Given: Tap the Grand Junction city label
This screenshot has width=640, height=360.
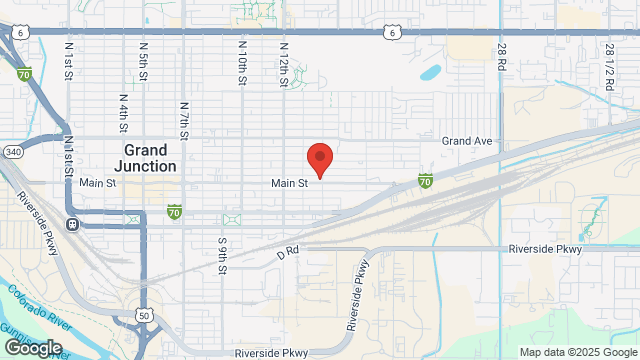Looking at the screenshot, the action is click(x=144, y=158).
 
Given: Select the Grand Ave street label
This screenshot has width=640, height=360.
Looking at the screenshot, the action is click(x=468, y=141).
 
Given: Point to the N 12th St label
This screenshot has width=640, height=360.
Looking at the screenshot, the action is click(x=284, y=63).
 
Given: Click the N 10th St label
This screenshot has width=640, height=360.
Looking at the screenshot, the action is click(x=242, y=63).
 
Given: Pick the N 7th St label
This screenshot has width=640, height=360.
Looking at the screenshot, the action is click(x=185, y=119).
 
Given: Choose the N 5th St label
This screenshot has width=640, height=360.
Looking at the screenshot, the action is click(x=143, y=63).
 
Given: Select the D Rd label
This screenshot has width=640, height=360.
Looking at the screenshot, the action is click(x=288, y=255).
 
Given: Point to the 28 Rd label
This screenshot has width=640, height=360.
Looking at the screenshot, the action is click(x=501, y=54).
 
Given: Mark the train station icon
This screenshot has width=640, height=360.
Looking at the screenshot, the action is click(x=74, y=223).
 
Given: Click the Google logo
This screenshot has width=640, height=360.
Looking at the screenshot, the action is click(x=32, y=348).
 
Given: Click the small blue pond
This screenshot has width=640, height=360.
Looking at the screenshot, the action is click(x=430, y=72).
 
